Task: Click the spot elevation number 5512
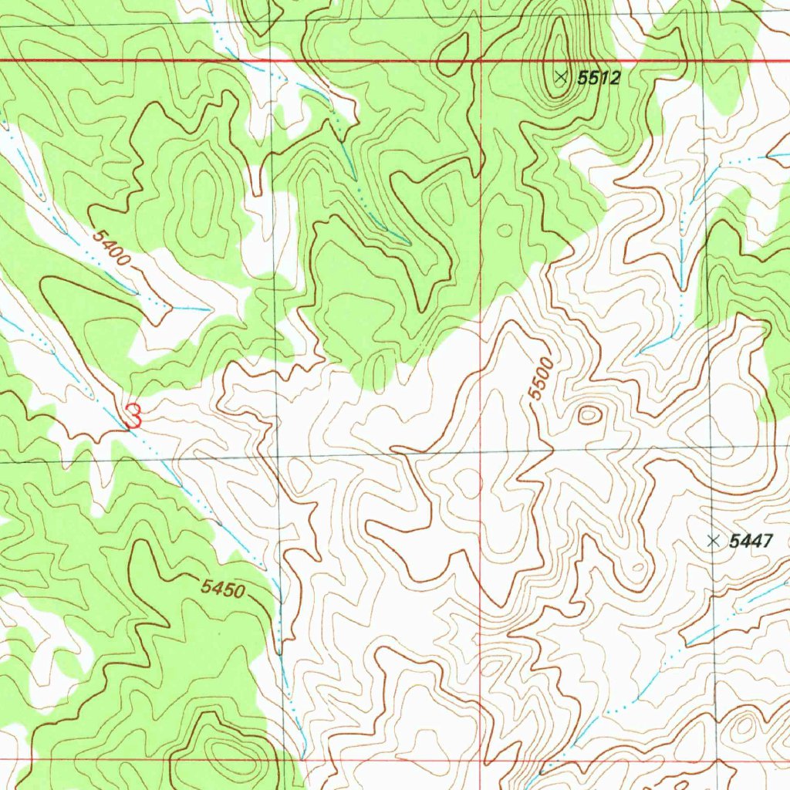[x=599, y=77]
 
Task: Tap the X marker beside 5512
[x=561, y=76]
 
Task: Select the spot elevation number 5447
[x=751, y=542]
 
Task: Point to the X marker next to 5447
[x=713, y=540]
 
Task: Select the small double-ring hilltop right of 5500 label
[x=589, y=415]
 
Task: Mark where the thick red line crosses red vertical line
[x=481, y=60]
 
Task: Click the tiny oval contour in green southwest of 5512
[x=505, y=230]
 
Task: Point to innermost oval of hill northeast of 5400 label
[x=204, y=193]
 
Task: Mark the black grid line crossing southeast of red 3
[x=277, y=458]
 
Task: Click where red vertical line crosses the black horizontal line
[x=481, y=454]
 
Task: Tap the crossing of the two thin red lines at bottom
[x=484, y=760]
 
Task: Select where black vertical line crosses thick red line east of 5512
[x=704, y=62]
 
